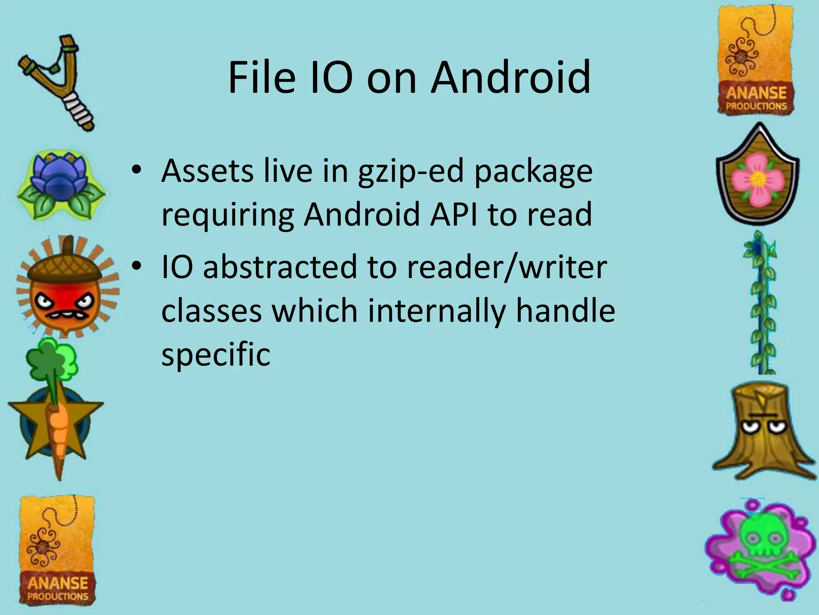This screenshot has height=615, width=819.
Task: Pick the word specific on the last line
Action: (216, 354)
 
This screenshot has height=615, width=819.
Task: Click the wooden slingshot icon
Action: (56, 82)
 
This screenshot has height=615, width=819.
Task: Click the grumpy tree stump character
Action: (762, 430)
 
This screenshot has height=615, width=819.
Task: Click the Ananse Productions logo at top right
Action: (756, 60)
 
